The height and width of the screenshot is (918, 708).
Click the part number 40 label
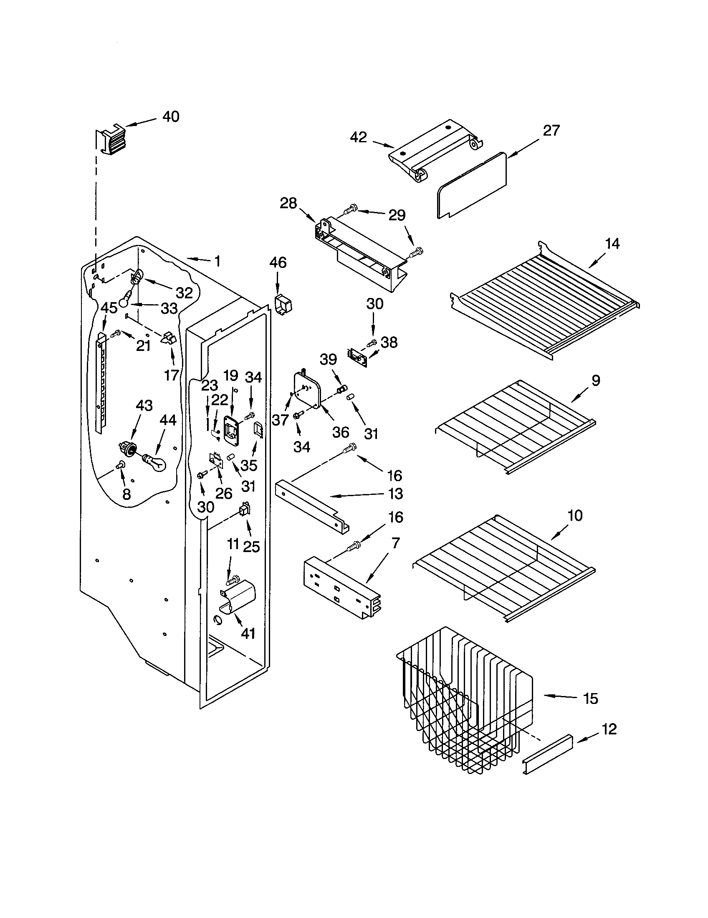point(171,116)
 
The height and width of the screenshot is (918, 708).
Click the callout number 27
point(551,131)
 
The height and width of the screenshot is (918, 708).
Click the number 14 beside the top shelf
point(612,243)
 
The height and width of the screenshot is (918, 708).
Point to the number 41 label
point(248,633)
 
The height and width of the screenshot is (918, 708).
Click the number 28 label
point(288,204)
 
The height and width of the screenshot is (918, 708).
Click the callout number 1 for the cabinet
point(217,262)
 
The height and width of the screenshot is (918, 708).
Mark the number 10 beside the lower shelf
point(575,515)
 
